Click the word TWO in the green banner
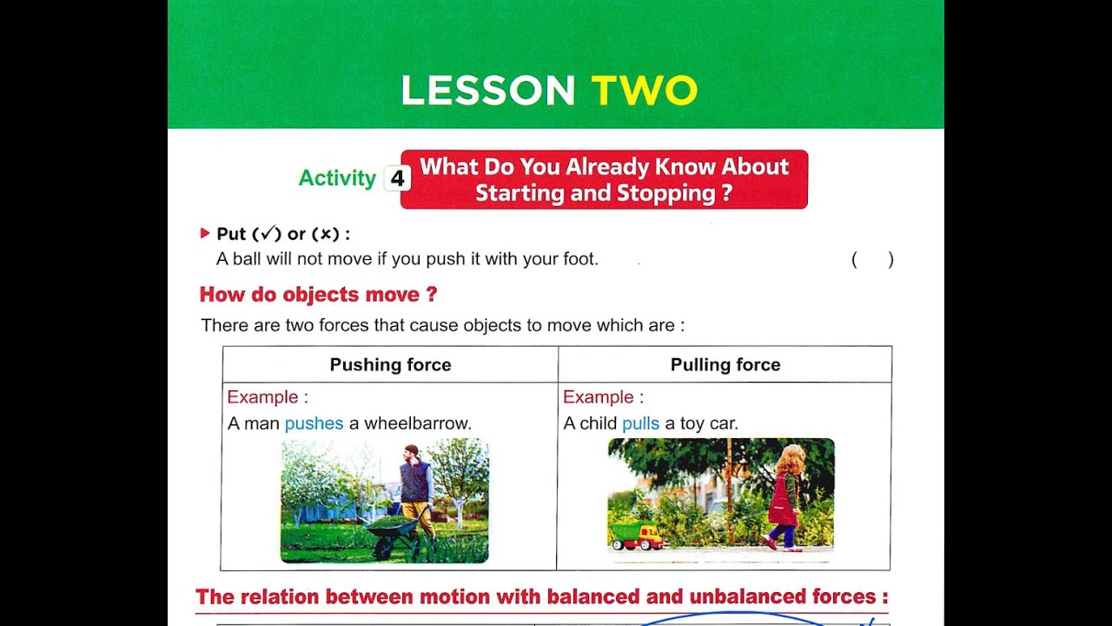tap(644, 90)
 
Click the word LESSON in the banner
tap(488, 90)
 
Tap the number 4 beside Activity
tap(397, 178)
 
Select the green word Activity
tap(337, 178)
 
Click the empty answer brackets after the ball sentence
tap(872, 259)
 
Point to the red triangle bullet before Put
tap(205, 233)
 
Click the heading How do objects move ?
tap(318, 295)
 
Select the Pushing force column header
tap(390, 365)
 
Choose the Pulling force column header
tap(725, 365)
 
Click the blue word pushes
tap(314, 423)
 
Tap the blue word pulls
tap(641, 423)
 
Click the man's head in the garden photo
tap(411, 453)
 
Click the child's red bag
tap(781, 502)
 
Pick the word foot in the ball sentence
tap(580, 259)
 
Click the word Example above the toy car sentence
tap(599, 397)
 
